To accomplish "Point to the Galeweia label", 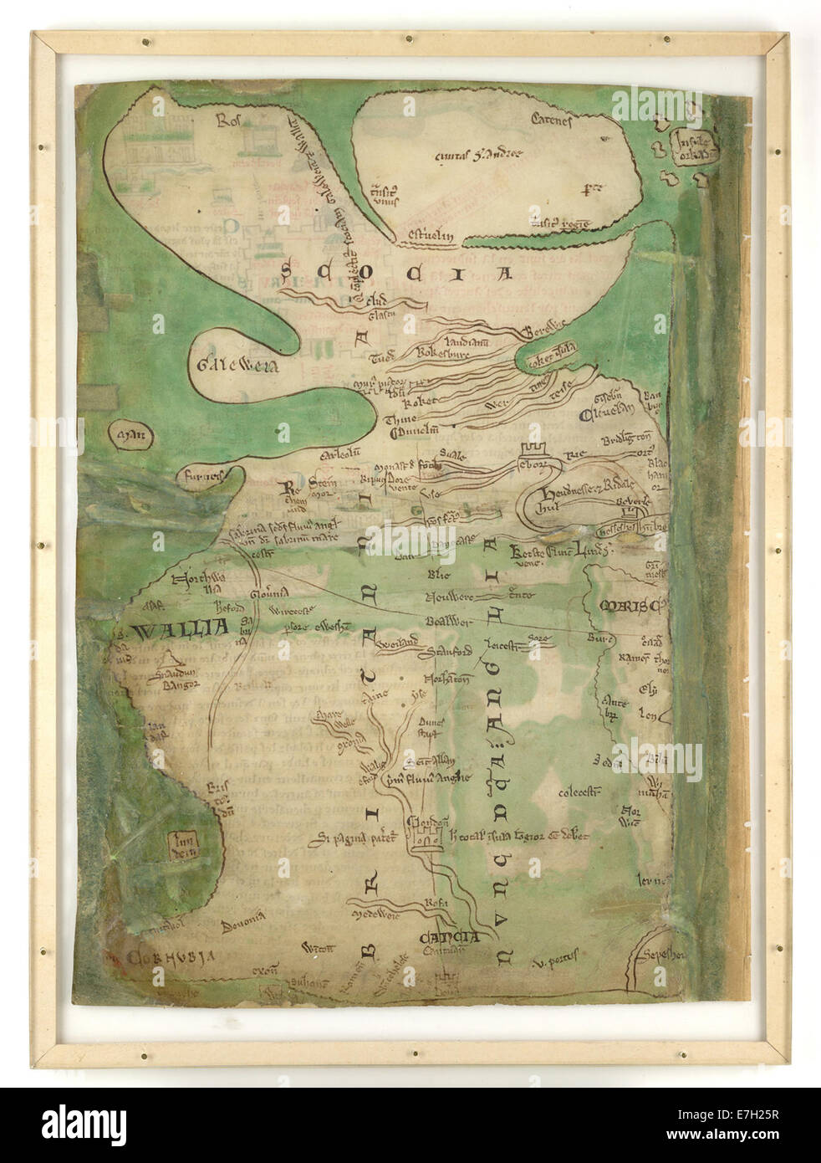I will click(x=227, y=364).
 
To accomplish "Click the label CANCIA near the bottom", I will click(x=450, y=936).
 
